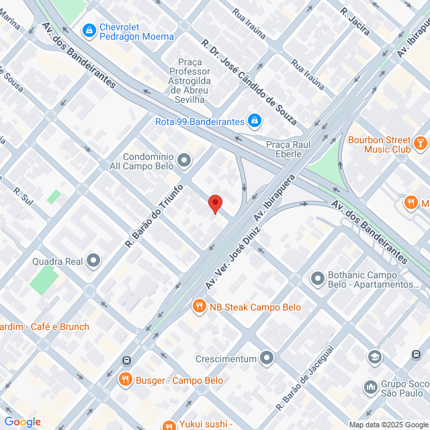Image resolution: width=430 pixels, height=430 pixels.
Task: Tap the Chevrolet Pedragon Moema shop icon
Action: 89,31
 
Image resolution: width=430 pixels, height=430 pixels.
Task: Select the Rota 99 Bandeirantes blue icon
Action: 255,121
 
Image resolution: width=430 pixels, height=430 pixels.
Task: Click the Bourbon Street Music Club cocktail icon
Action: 420,142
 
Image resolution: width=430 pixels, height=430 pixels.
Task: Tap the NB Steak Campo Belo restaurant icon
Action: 199,307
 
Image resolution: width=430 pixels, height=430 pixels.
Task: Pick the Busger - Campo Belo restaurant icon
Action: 125,380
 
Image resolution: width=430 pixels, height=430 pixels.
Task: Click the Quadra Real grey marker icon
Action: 93,259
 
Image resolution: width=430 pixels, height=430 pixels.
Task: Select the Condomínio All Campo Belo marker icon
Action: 185,160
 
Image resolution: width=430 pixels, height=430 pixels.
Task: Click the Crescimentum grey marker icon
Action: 267,357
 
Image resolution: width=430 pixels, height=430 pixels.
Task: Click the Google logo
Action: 22,421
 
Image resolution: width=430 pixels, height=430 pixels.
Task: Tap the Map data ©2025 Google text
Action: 387,424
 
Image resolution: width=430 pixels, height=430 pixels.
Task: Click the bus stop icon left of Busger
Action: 126,360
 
